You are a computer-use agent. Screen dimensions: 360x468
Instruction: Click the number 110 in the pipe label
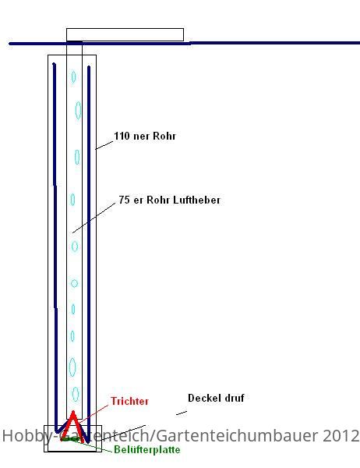pos(122,136)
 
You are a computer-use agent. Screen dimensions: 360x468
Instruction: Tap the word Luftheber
pos(197,200)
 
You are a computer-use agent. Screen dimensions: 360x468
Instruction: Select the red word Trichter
pos(129,401)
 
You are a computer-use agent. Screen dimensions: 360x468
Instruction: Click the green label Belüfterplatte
pos(147,449)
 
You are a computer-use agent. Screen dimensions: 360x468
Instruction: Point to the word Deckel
pos(202,398)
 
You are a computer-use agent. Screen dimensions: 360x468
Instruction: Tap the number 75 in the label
pos(124,200)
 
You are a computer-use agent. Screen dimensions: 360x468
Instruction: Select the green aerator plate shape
pos(71,439)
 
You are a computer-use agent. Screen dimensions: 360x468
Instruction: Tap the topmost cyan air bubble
pos(73,76)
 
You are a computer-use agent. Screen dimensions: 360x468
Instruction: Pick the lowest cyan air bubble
pos(76,394)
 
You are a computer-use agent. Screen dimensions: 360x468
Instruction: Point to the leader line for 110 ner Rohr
pos(104,145)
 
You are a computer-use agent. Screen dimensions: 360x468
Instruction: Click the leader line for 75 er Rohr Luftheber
pos(94,218)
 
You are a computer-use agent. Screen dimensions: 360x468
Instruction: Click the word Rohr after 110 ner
pos(164,136)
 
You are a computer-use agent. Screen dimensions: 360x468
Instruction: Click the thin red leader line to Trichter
pos(94,413)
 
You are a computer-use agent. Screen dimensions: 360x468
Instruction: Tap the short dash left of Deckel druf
pos(182,413)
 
